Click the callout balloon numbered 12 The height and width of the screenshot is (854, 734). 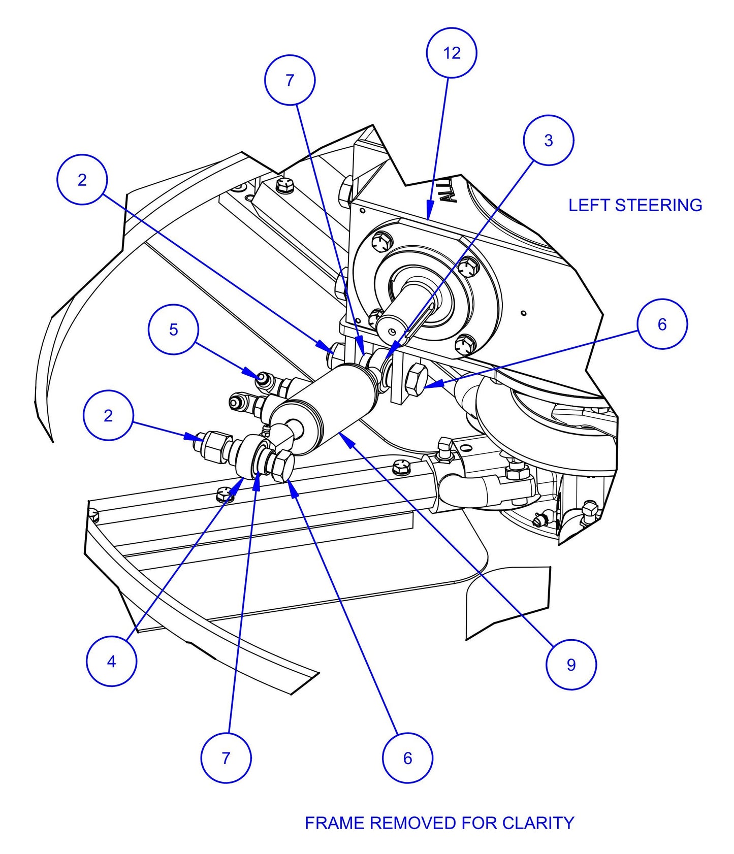coord(452,53)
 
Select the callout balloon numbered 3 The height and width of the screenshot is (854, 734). coord(549,140)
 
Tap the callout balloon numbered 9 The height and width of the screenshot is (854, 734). coord(571,665)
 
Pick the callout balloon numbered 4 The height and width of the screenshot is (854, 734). coord(111,661)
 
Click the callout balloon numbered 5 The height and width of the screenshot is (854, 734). coord(173,330)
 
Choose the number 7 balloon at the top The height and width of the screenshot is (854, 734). coord(290,80)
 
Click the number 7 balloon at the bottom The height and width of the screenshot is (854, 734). coord(226,758)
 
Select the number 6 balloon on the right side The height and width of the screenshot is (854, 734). coord(662,324)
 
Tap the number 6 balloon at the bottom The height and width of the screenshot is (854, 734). coord(407,758)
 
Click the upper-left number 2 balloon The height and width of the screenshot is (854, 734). coord(82,180)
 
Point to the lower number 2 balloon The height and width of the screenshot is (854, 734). coord(108,415)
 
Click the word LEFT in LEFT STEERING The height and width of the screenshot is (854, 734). coord(589,205)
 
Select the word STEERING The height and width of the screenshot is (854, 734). coord(658,205)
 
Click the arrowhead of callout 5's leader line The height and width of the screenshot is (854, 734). coord(259,376)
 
